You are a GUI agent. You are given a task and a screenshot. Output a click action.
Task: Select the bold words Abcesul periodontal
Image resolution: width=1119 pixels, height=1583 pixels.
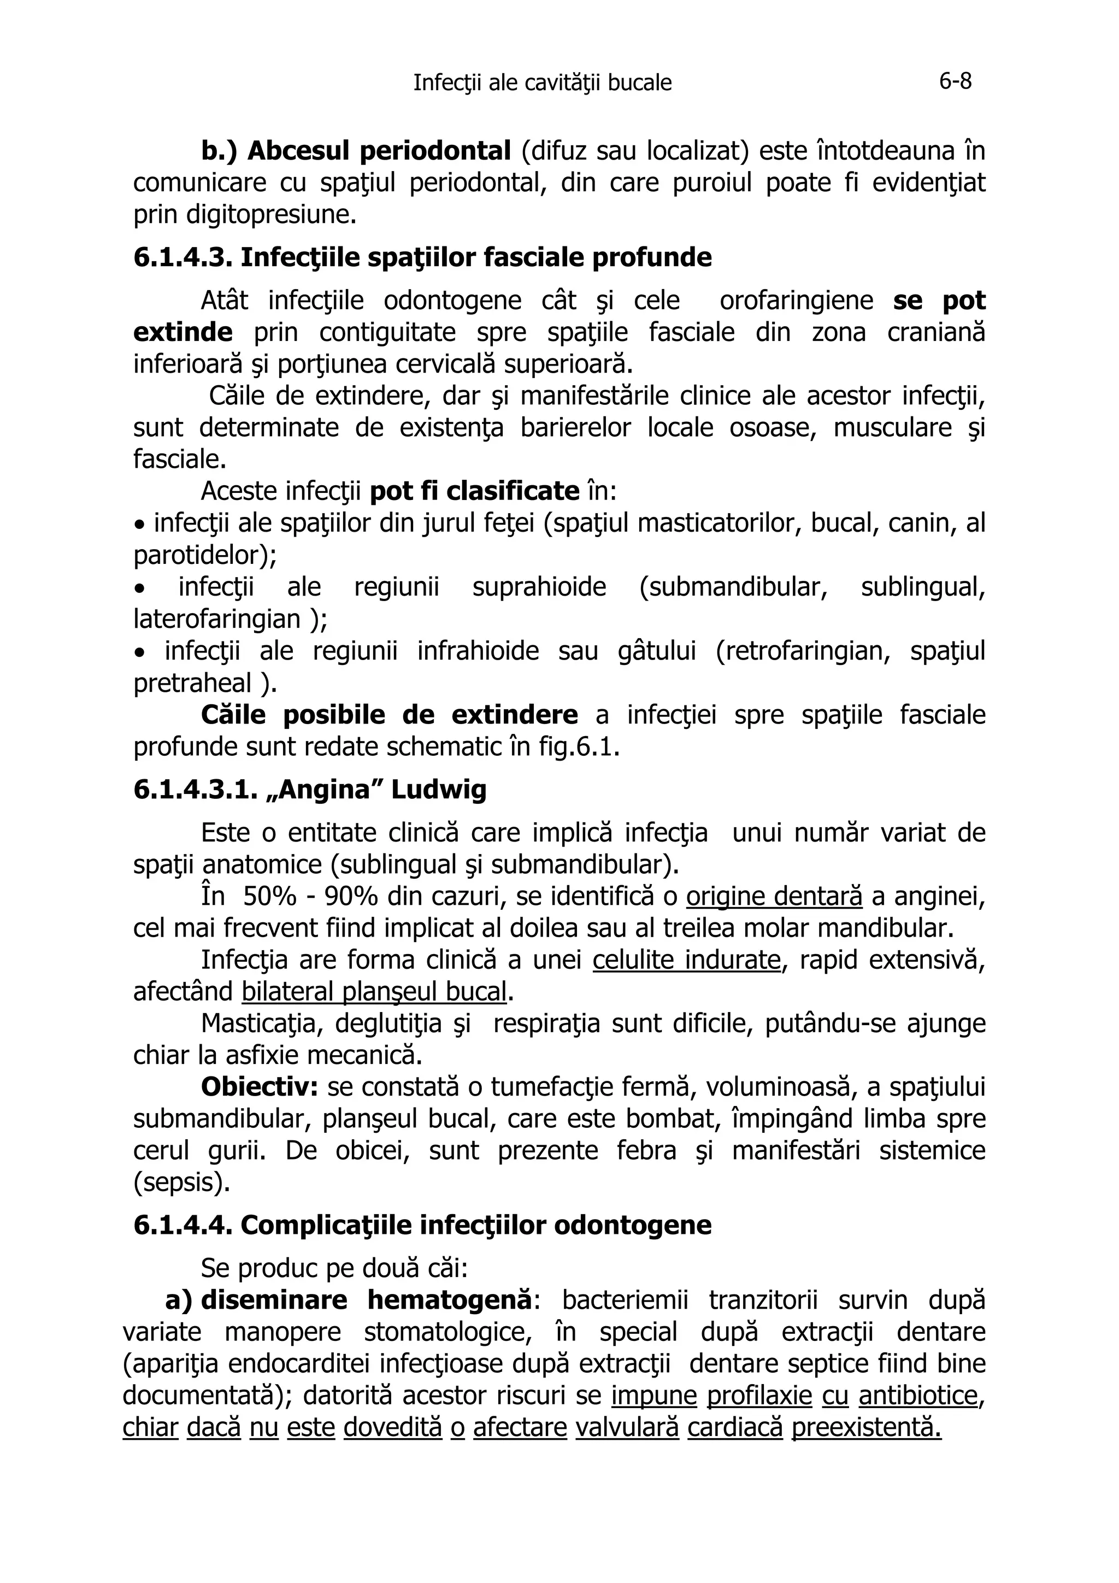pyautogui.click(x=379, y=151)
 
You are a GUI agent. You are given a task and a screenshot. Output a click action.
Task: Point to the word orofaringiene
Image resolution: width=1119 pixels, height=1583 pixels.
pyautogui.click(x=796, y=301)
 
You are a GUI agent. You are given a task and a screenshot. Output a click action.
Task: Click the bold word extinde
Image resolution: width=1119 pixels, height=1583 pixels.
pyautogui.click(x=182, y=333)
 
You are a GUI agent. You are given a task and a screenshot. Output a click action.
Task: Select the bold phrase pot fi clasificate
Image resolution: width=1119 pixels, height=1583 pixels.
pyautogui.click(x=474, y=492)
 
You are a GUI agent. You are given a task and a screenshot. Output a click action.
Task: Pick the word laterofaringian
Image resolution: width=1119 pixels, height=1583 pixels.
pyautogui.click(x=219, y=619)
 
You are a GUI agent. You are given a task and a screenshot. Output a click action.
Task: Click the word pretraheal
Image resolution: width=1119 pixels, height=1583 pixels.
pyautogui.click(x=192, y=683)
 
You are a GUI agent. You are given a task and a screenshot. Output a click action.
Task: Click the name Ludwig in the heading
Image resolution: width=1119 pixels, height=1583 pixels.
pyautogui.click(x=439, y=790)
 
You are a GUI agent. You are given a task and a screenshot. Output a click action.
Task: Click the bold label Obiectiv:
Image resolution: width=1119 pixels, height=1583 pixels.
pyautogui.click(x=258, y=1088)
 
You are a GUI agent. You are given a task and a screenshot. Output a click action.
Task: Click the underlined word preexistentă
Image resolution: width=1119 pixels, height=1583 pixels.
pyautogui.click(x=866, y=1428)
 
